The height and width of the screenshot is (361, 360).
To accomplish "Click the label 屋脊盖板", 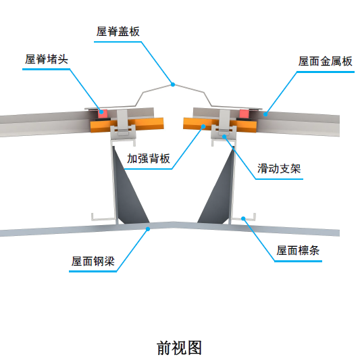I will click(118, 31).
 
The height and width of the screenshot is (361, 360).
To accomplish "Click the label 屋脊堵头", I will click(47, 59).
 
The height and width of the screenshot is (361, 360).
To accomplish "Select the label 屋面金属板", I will click(326, 61).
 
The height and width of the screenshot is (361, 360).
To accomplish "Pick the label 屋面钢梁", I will click(94, 261).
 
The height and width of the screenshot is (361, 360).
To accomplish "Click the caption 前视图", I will click(179, 347).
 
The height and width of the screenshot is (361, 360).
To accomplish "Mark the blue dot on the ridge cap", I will click(173, 85).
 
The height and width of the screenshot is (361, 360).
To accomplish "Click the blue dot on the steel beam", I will click(148, 229).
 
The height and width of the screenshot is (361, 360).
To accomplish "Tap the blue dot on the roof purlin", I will click(242, 218).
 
